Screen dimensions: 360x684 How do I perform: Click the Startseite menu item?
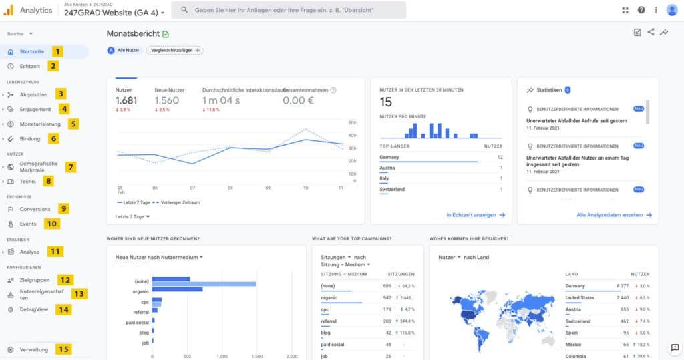(32, 51)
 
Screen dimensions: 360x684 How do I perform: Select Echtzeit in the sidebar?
(30, 66)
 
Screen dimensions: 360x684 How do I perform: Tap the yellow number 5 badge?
(73, 124)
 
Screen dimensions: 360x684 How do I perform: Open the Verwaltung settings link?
(33, 349)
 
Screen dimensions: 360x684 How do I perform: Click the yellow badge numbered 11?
(55, 252)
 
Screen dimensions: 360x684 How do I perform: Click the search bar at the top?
(289, 11)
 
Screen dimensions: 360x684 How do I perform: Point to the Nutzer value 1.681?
(126, 100)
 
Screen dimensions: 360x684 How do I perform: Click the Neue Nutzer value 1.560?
(166, 100)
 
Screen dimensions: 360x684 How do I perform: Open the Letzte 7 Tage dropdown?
(132, 216)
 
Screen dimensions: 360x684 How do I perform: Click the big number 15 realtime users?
(386, 102)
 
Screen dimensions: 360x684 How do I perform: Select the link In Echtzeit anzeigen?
(475, 215)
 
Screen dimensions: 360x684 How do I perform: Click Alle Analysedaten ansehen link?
(613, 215)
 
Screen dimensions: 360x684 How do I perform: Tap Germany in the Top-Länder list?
(389, 157)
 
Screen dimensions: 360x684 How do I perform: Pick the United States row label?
(579, 297)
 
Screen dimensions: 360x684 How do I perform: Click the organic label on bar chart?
(140, 291)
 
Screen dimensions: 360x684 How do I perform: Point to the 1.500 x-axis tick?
(255, 357)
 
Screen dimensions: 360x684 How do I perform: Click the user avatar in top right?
(672, 10)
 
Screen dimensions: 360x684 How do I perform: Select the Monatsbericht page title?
(133, 33)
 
